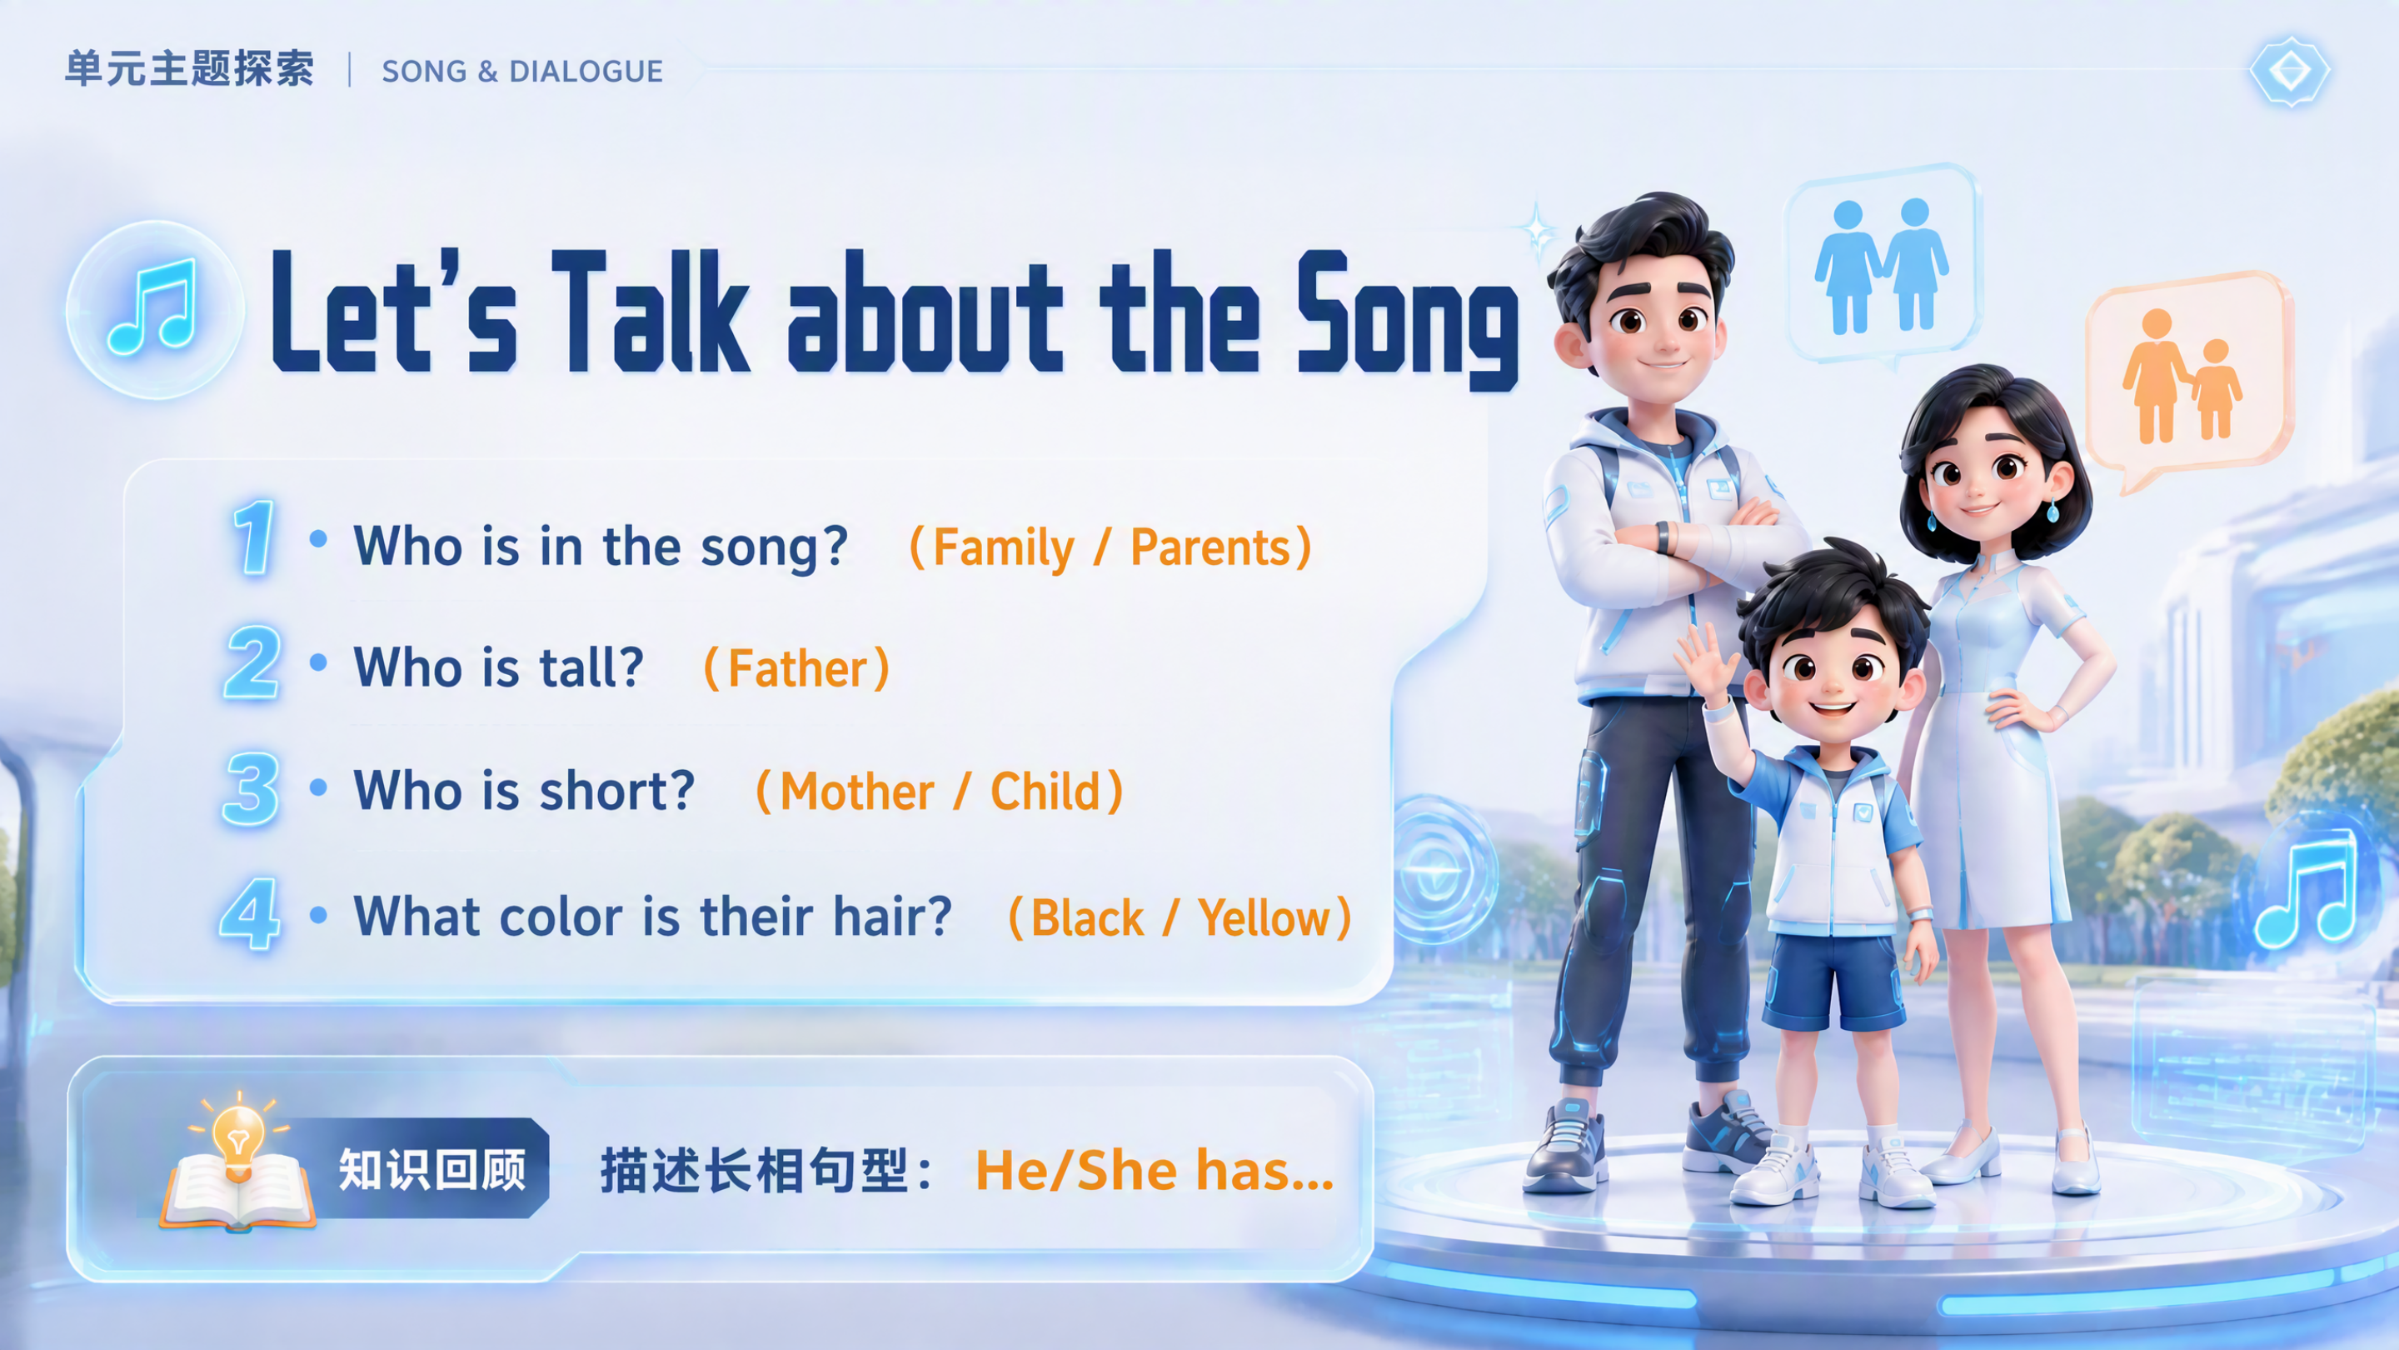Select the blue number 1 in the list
click(x=252, y=537)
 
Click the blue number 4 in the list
click(x=250, y=914)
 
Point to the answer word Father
click(x=797, y=669)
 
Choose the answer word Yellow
click(x=1264, y=918)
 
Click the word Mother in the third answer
click(x=855, y=792)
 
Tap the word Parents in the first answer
click(x=1209, y=547)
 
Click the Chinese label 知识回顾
click(x=432, y=1169)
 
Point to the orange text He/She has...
click(x=1154, y=1171)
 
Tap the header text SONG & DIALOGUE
click(x=522, y=71)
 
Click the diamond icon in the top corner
click(x=2289, y=71)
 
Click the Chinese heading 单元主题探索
click(x=189, y=69)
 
